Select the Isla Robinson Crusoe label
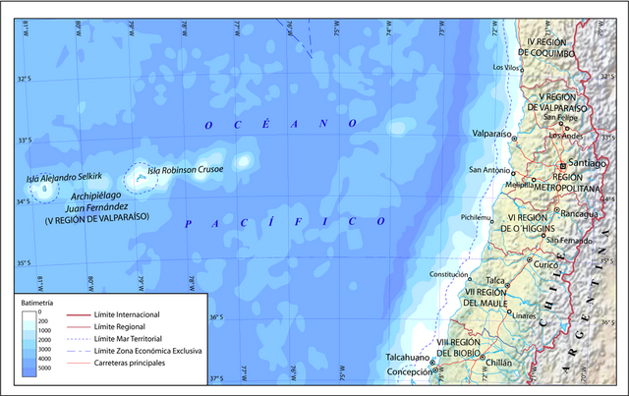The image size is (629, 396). click(x=186, y=170)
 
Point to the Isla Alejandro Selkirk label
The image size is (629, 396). click(x=64, y=177)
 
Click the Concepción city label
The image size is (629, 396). click(x=408, y=372)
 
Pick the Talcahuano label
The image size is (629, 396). click(x=408, y=358)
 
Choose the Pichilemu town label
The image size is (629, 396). click(x=476, y=217)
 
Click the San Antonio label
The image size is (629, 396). click(x=488, y=170)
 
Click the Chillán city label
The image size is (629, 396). click(x=499, y=363)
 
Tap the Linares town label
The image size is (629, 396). click(x=525, y=316)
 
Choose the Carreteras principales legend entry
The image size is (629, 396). click(x=129, y=364)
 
